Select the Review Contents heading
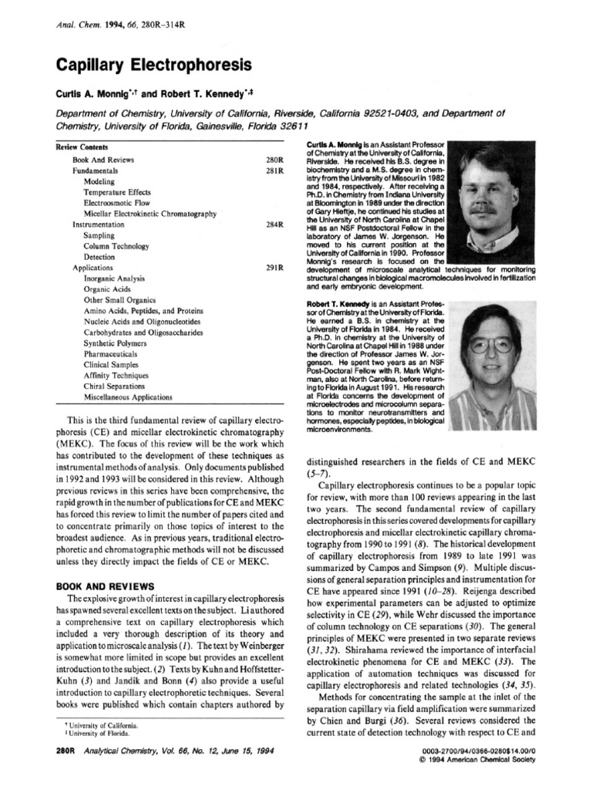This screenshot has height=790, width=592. coord(82,147)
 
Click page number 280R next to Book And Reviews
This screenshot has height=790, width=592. coord(276,159)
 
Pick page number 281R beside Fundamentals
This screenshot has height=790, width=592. coord(276,170)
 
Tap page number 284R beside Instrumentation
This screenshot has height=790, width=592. coord(276,225)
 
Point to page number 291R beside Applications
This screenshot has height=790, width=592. coord(276,268)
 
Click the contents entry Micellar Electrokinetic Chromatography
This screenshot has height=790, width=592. coord(150,214)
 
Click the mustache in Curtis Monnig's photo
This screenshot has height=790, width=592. coord(483,207)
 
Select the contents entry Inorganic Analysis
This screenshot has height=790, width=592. coord(115,279)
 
